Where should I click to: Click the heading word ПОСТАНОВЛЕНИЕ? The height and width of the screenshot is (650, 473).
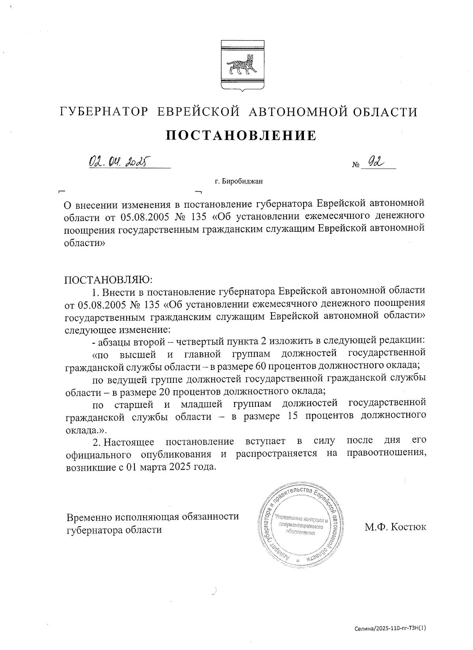[241, 135]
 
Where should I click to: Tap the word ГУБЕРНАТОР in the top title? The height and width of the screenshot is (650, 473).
[104, 112]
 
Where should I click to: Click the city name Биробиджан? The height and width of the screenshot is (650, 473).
[242, 182]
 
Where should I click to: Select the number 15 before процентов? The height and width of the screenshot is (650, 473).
[290, 416]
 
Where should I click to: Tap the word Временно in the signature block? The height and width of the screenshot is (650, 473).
[89, 517]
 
